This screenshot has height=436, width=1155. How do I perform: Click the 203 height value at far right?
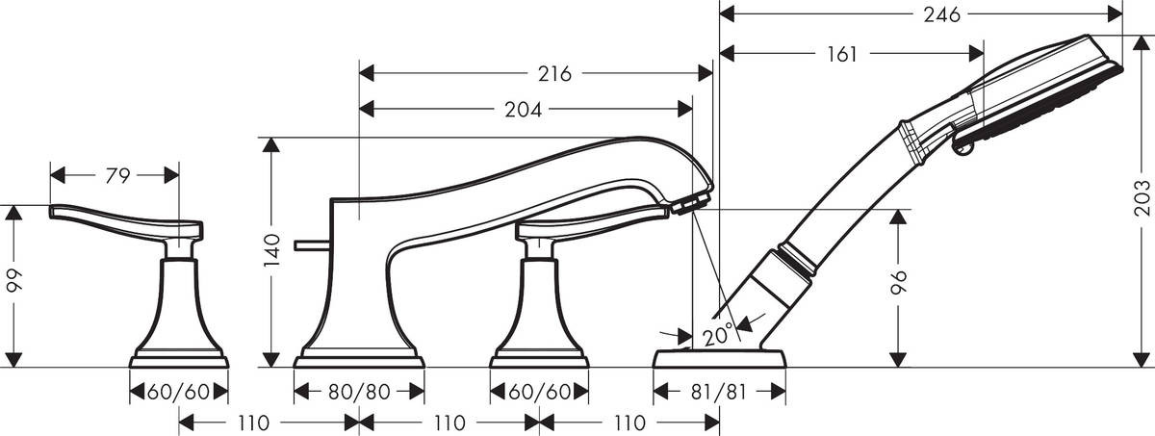[x=1142, y=200]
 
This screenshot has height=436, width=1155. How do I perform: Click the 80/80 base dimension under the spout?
[x=358, y=393]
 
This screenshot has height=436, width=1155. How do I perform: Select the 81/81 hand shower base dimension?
[x=719, y=393]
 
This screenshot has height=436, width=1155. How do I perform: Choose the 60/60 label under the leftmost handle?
[x=179, y=393]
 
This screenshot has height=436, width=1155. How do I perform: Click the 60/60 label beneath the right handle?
[x=538, y=393]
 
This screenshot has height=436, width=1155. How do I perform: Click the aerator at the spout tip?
[x=690, y=202]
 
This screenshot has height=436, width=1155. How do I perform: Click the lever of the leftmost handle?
[x=115, y=220]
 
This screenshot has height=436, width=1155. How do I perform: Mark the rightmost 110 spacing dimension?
[x=629, y=422]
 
